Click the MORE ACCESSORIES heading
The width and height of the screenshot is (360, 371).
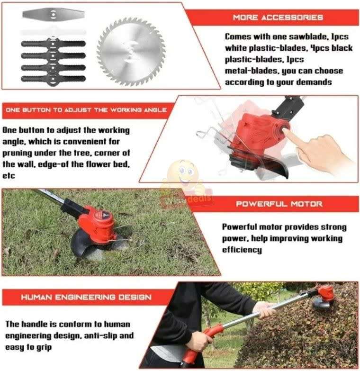click(x=278, y=18)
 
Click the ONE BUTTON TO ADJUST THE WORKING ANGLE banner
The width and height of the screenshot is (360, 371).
click(x=86, y=109)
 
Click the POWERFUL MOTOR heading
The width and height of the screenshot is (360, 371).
click(x=279, y=204)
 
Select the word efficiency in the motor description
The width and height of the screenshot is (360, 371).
click(x=242, y=250)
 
